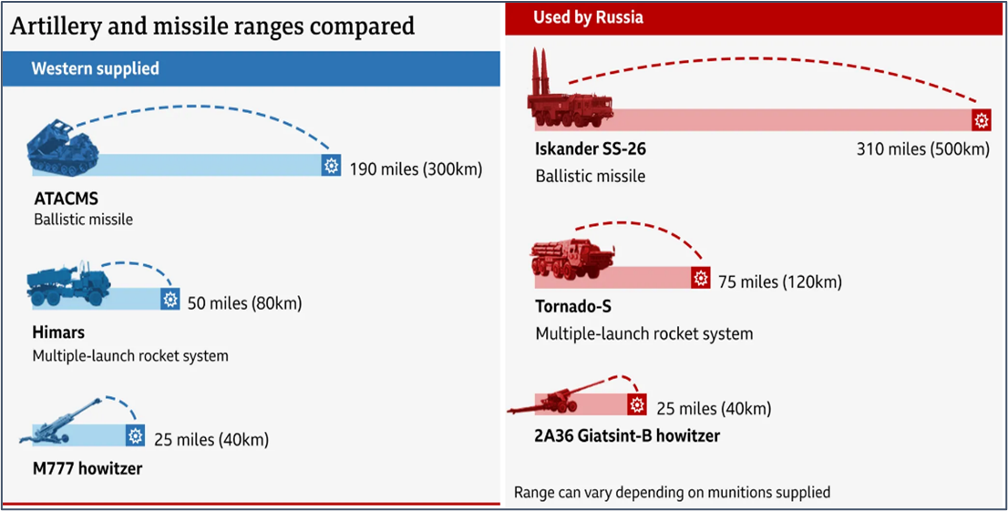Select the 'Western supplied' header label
tap(95, 68)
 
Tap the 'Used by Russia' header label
tap(588, 16)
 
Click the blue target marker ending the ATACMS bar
tap(332, 165)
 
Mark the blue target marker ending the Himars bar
tap(170, 300)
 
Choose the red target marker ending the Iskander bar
tap(981, 120)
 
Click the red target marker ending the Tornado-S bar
tap(700, 279)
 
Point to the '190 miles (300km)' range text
tap(416, 169)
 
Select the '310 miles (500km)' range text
tap(922, 148)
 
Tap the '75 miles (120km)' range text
tap(779, 281)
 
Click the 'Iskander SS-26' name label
tap(591, 148)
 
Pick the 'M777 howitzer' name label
tap(87, 469)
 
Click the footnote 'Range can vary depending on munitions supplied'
tap(672, 492)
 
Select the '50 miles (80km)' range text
tap(244, 302)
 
